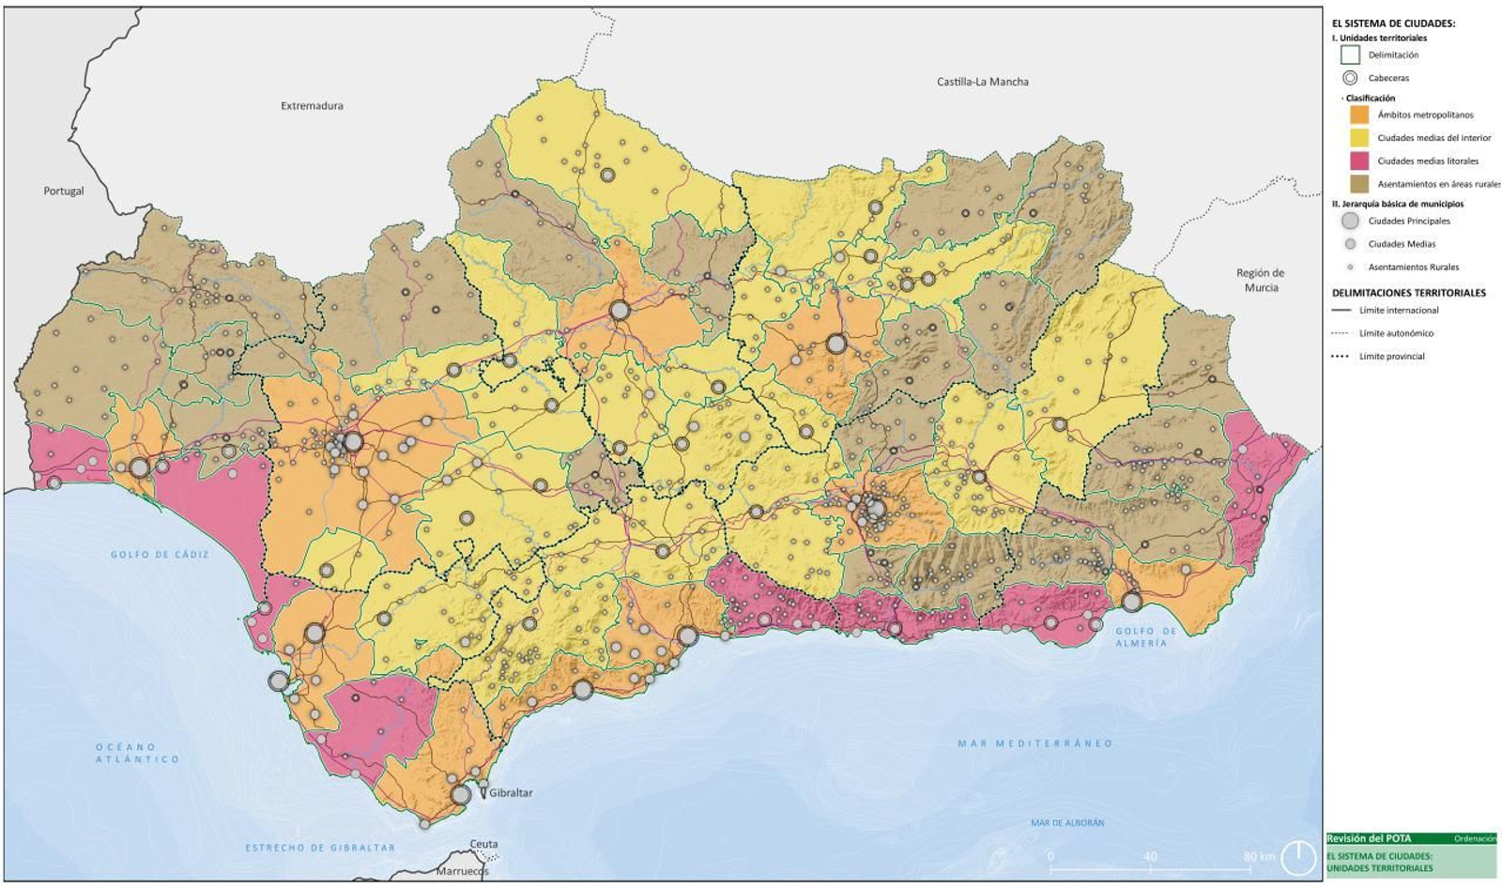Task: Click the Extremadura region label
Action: click(x=312, y=106)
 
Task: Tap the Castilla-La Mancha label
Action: click(x=982, y=82)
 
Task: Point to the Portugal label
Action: click(x=64, y=191)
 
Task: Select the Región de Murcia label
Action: click(x=1261, y=280)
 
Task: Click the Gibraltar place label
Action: click(x=510, y=793)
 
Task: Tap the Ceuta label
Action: click(x=484, y=844)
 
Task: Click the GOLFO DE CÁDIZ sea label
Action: click(x=160, y=555)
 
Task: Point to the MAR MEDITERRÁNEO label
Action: click(x=1035, y=743)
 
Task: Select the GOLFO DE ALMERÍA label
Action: click(x=1145, y=637)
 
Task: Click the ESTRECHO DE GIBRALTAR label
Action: click(x=320, y=848)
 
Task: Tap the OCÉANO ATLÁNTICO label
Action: click(x=137, y=753)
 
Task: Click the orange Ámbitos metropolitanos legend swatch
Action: click(x=1358, y=115)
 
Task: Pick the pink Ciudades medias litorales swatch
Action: click(x=1358, y=161)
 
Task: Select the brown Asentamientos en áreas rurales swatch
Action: click(x=1358, y=184)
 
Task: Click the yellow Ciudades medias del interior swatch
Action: click(x=1358, y=138)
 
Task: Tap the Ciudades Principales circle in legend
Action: click(x=1350, y=221)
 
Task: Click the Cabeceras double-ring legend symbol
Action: click(x=1350, y=78)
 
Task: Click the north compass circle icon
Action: click(x=1299, y=857)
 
